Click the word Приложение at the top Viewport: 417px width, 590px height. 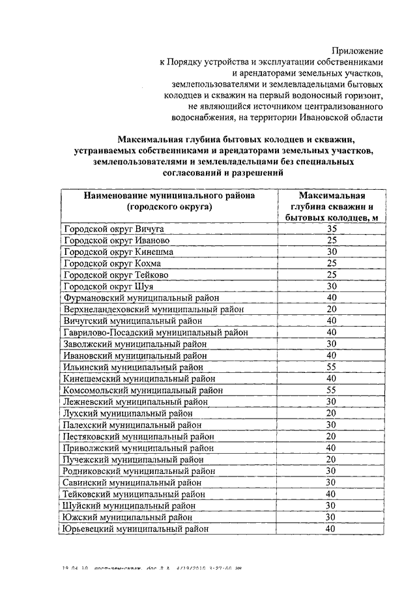(x=358, y=50)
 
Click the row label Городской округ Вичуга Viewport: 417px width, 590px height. (x=113, y=229)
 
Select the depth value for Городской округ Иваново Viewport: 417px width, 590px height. (x=331, y=241)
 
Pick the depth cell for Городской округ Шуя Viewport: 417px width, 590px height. (x=331, y=286)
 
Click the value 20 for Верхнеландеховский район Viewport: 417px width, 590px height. (x=331, y=309)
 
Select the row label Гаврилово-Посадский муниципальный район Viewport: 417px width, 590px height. (x=156, y=332)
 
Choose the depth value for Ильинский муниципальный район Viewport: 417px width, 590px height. (x=331, y=366)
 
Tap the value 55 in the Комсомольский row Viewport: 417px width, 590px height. (x=331, y=390)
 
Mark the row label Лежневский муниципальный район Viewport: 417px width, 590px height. (x=135, y=402)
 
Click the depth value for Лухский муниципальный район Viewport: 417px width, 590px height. (x=331, y=413)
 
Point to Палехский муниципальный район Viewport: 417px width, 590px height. (x=132, y=424)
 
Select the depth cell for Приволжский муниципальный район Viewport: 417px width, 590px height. (x=331, y=448)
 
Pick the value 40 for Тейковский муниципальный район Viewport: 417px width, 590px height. (x=331, y=494)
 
